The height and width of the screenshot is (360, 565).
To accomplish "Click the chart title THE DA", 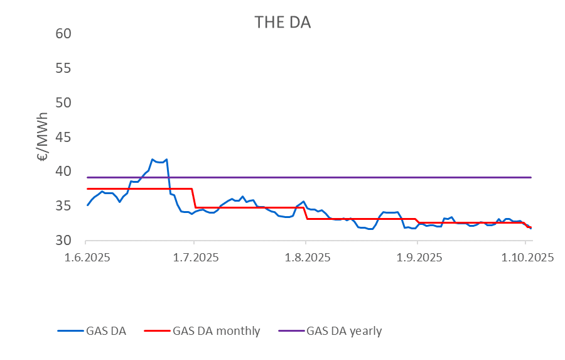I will point(282,22).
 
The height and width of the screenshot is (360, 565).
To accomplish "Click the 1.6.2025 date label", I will point(87,258).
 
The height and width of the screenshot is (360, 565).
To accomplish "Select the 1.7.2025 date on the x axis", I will point(194,258).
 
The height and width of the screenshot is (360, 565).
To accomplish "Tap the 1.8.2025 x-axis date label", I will point(305,258).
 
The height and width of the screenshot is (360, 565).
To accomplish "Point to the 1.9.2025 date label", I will point(416,258).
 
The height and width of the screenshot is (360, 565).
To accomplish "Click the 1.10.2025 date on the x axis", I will point(526,258).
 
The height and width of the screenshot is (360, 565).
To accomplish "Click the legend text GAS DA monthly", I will point(216,331).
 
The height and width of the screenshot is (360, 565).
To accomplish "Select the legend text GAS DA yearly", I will point(344,331).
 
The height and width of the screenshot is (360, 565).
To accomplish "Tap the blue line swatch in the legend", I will point(69,331).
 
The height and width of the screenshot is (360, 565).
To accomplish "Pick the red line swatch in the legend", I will point(156,331).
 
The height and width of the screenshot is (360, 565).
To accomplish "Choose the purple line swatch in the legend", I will point(291,331).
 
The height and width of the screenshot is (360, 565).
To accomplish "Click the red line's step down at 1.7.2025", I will point(194,198).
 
